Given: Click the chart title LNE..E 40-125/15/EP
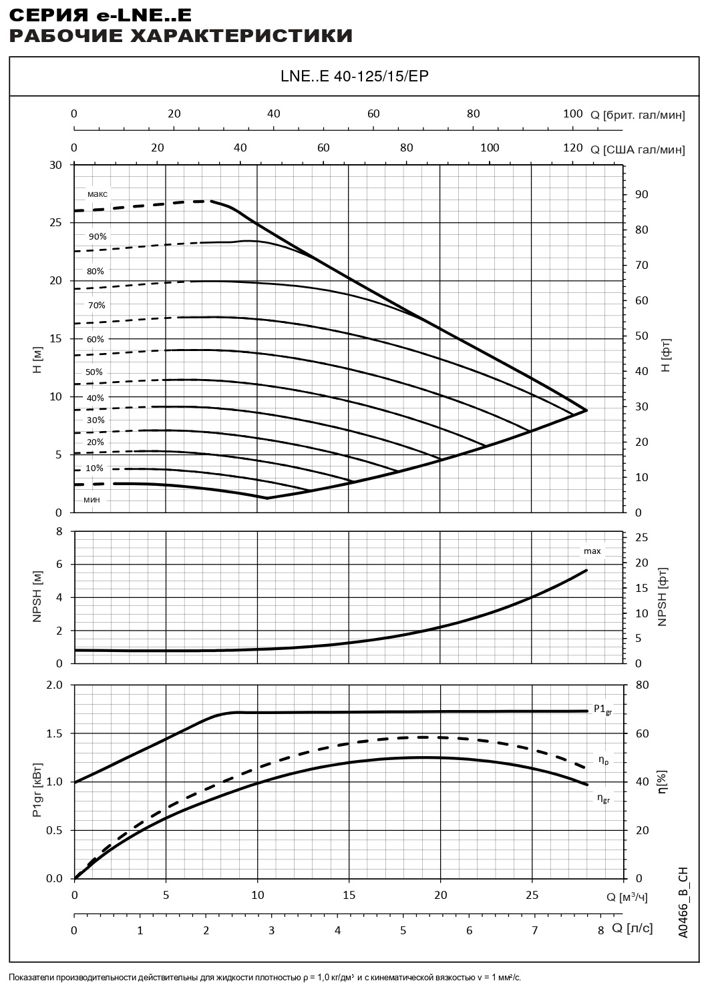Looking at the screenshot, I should pyautogui.click(x=355, y=76).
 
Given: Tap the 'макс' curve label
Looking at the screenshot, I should pyautogui.click(x=97, y=194).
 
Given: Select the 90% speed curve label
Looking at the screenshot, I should pyautogui.click(x=98, y=236).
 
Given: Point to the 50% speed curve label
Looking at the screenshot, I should pyautogui.click(x=94, y=372).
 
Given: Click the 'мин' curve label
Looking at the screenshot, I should pyautogui.click(x=92, y=500).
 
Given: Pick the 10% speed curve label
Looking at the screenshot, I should pyautogui.click(x=94, y=468).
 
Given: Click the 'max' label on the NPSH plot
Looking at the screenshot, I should pyautogui.click(x=592, y=551).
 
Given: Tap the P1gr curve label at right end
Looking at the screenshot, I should pyautogui.click(x=602, y=709).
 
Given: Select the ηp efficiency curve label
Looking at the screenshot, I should pyautogui.click(x=602, y=759).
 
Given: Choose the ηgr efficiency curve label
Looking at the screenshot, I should pyautogui.click(x=603, y=797).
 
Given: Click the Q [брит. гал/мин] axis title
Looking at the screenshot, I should pyautogui.click(x=638, y=115).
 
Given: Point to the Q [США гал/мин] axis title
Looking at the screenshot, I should pyautogui.click(x=638, y=149).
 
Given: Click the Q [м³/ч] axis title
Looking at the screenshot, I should pyautogui.click(x=627, y=898).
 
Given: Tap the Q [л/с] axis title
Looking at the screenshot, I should pyautogui.click(x=632, y=928).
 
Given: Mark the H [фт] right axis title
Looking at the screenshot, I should pyautogui.click(x=666, y=356).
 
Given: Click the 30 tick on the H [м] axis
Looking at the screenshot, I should pyautogui.click(x=56, y=166).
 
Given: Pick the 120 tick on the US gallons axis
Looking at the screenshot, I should pyautogui.click(x=572, y=147).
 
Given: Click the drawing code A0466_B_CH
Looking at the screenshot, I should pyautogui.click(x=682, y=902).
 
